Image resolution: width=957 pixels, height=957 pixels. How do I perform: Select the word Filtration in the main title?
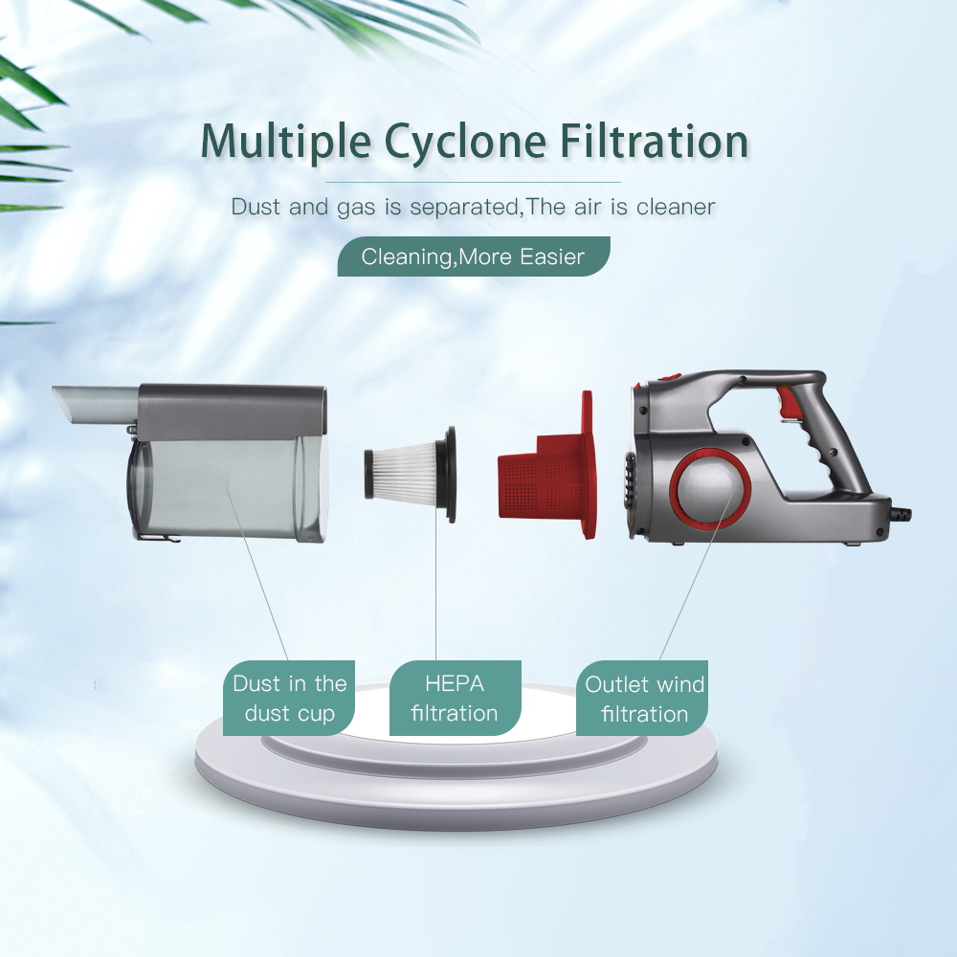click(x=655, y=141)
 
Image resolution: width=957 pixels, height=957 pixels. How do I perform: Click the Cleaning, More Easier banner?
click(x=474, y=256)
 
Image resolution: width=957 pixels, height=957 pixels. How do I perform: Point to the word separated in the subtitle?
click(x=464, y=208)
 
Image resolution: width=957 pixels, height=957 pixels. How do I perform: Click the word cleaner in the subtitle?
click(x=676, y=207)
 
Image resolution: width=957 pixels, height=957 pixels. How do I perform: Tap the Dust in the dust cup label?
click(x=289, y=698)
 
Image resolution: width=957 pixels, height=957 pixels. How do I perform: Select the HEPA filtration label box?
click(x=456, y=698)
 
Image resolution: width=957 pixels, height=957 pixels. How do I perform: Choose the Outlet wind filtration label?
click(x=642, y=698)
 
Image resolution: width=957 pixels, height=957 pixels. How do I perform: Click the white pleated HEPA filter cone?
click(x=405, y=472)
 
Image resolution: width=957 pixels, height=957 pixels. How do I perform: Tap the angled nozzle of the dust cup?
click(x=95, y=404)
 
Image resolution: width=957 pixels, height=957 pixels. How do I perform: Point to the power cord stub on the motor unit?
click(x=901, y=515)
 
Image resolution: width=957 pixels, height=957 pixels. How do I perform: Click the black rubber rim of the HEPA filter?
click(x=449, y=475)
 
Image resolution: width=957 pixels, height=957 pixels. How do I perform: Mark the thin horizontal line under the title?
click(x=473, y=182)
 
